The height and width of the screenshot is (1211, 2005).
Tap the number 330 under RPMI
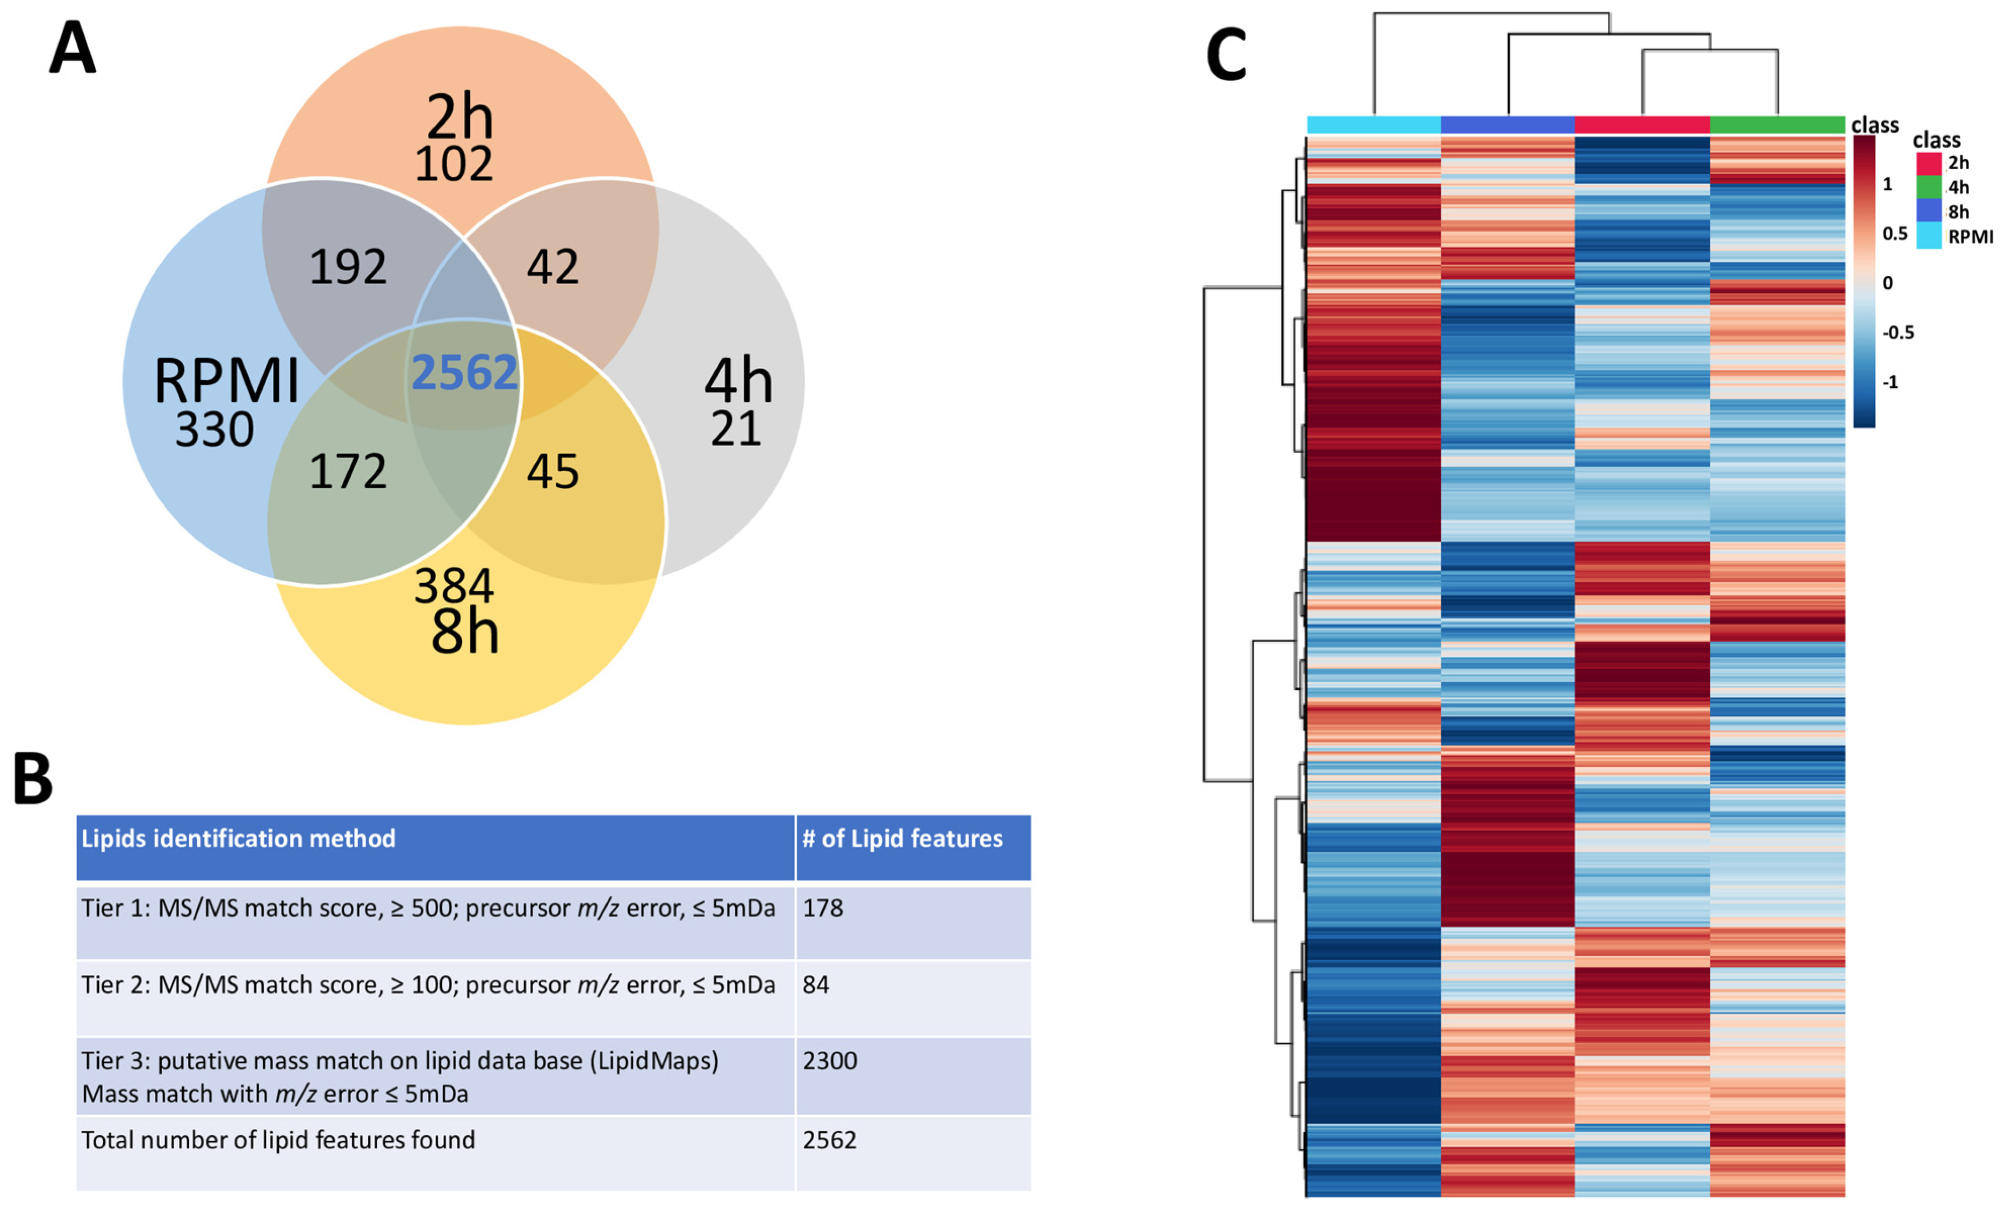pos(215,430)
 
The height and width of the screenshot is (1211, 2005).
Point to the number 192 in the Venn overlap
pos(348,267)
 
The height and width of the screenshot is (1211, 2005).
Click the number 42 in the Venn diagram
pos(552,267)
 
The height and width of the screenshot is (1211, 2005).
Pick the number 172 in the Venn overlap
pos(348,472)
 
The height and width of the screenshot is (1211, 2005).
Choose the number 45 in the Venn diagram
pos(552,472)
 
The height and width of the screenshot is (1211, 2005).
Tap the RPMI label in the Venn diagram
pos(226,381)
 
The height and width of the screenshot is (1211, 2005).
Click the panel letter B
pos(33,779)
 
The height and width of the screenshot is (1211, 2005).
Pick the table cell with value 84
pos(816,985)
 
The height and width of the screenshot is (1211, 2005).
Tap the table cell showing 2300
pos(830,1061)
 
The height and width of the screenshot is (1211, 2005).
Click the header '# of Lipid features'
pos(902,838)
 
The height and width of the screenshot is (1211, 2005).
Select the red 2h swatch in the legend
pos(1929,163)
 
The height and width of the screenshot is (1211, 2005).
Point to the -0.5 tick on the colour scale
pos(1899,332)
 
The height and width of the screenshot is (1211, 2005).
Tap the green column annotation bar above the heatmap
pos(1777,125)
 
